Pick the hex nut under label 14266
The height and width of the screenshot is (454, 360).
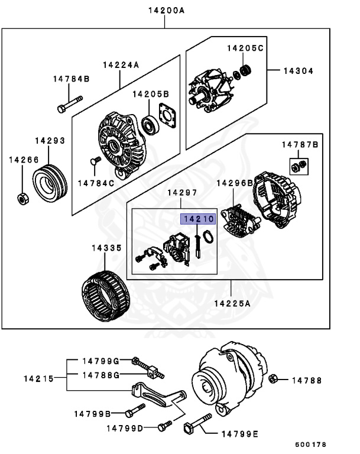coord(21,198)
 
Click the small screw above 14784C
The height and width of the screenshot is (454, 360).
coord(93,160)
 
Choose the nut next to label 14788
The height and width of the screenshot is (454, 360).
coord(273,379)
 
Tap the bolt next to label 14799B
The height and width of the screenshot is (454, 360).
coord(135,412)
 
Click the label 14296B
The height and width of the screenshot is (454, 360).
coord(235,183)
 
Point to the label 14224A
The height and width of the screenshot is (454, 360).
coord(121,66)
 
